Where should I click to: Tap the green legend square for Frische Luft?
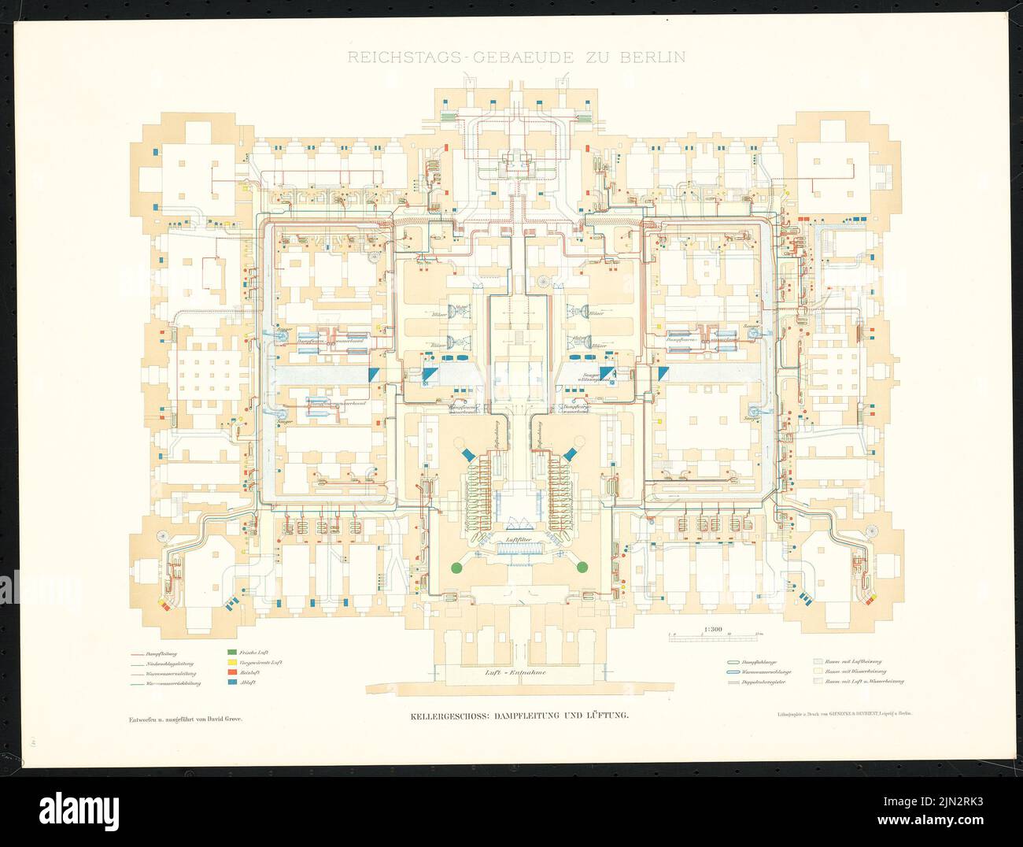click(231, 652)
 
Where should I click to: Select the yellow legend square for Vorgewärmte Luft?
click(231, 663)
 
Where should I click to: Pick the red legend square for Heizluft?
click(231, 673)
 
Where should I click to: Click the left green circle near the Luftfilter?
click(455, 567)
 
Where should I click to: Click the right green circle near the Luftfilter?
click(582, 567)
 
